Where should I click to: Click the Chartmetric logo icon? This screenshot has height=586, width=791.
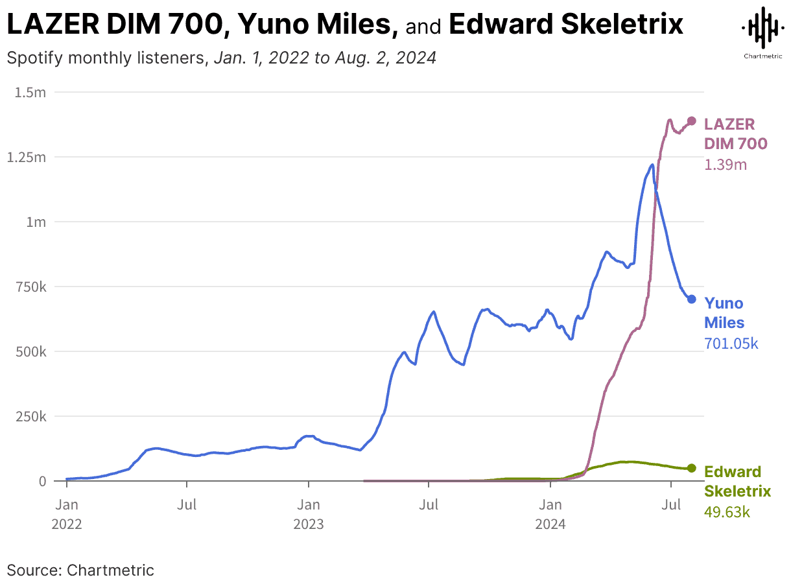pos(762,27)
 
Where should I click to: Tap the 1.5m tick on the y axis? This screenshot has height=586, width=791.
pos(30,92)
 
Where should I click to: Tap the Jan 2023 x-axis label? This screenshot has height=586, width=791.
pos(309,513)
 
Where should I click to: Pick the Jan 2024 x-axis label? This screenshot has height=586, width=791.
pos(550,513)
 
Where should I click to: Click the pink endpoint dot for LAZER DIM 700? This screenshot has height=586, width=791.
pos(692,121)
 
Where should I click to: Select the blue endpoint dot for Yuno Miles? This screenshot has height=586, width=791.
pos(692,299)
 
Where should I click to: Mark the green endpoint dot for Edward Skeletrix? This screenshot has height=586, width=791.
pos(692,468)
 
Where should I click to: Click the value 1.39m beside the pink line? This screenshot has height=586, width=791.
pos(726,165)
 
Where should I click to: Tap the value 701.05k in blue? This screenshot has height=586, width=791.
pos(731,344)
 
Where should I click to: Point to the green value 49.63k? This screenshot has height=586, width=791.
pos(727,512)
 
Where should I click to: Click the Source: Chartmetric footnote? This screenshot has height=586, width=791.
pos(80,570)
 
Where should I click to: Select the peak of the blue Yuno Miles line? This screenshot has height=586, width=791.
pos(652,165)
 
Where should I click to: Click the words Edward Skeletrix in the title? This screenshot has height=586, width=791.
pos(566,25)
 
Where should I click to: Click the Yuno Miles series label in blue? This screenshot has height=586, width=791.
pos(724,312)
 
